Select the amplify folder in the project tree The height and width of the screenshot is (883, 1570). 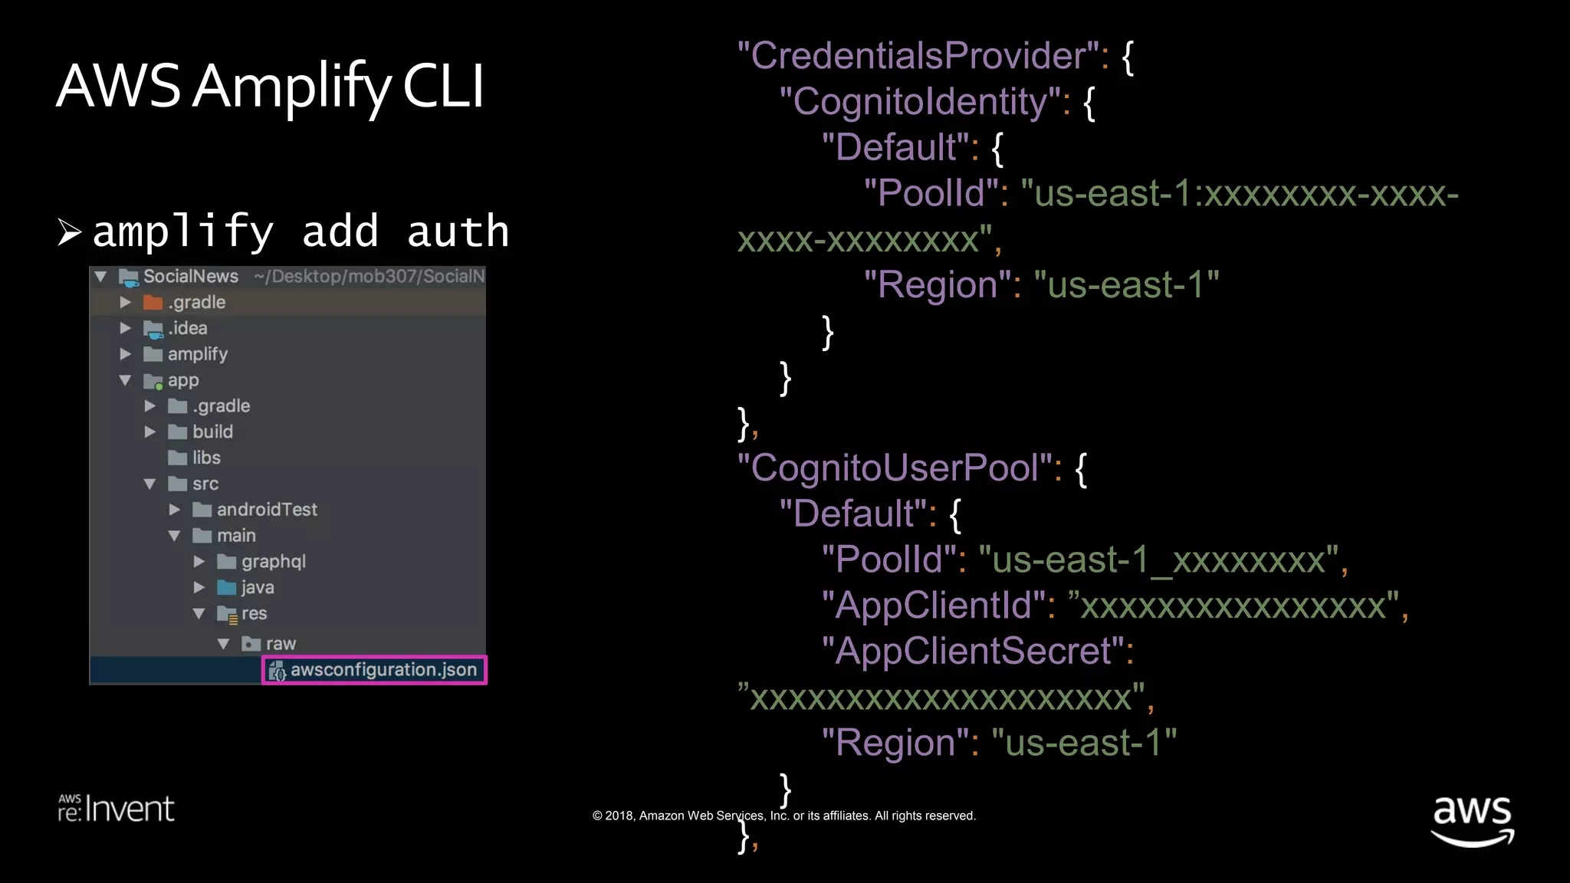(197, 354)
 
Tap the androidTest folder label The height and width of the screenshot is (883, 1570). (266, 510)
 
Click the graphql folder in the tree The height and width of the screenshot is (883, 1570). (273, 562)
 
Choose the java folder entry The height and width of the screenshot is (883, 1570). (257, 588)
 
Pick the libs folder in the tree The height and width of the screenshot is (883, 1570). (205, 458)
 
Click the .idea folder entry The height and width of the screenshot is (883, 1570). (187, 328)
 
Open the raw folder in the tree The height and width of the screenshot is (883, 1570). (280, 644)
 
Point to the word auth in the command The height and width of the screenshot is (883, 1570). (458, 231)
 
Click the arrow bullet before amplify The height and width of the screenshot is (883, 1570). (70, 231)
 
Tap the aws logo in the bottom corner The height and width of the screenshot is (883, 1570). (1472, 820)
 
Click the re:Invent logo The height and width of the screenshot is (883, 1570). (117, 809)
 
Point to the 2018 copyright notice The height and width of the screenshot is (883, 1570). (783, 816)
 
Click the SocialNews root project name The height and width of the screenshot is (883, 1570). (190, 276)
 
